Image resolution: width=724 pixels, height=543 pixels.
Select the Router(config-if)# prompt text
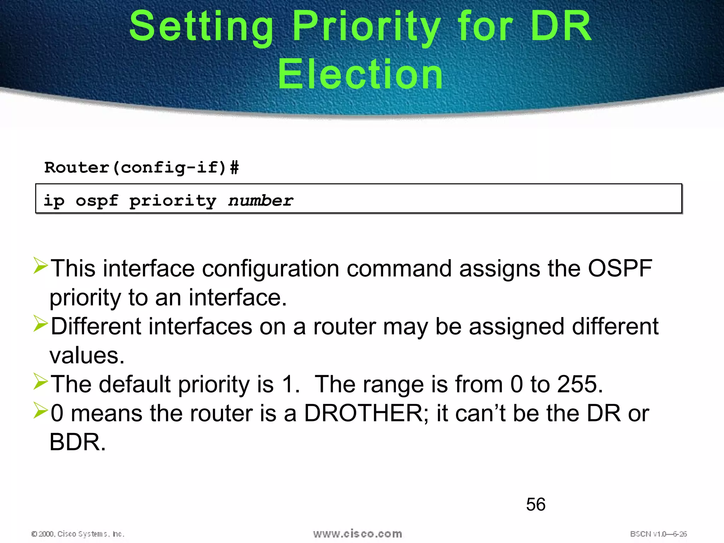[141, 168]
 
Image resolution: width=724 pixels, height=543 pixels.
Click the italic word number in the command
[261, 201]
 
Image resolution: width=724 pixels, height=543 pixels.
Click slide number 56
[536, 504]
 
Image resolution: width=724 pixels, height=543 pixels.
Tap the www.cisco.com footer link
[357, 533]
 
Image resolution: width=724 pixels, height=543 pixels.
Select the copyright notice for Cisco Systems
[78, 534]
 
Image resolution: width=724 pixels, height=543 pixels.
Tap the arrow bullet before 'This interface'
[41, 266]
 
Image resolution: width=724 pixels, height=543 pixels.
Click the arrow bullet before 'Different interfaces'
[41, 324]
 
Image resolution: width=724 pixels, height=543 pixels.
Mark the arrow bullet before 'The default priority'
[41, 382]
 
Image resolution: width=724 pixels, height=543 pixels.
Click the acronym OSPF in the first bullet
[620, 268]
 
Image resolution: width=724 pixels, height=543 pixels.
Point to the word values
[87, 355]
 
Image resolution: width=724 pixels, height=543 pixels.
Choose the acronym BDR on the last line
[77, 442]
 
